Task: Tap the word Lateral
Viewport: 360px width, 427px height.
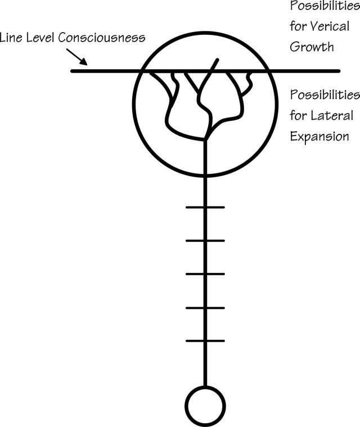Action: (x=332, y=116)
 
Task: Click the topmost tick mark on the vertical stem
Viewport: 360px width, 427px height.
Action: (x=205, y=207)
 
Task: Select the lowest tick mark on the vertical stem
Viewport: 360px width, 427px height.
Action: (x=205, y=341)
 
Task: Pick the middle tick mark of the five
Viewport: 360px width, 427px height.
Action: (x=205, y=274)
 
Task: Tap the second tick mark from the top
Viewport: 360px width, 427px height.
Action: (x=205, y=240)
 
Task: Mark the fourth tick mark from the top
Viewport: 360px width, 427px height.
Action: (x=205, y=308)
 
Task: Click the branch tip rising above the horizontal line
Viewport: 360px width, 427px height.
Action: (x=217, y=59)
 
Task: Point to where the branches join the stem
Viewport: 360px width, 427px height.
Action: (x=206, y=138)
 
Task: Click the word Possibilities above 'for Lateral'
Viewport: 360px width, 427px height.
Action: (x=323, y=95)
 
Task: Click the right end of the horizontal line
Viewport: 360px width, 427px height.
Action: (x=339, y=71)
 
